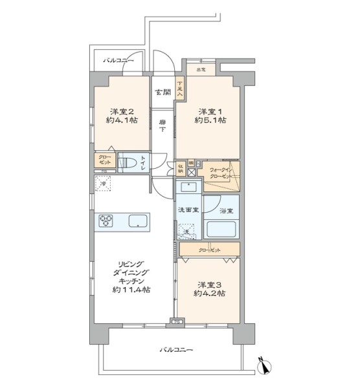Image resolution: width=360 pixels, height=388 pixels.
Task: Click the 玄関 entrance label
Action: (163, 91)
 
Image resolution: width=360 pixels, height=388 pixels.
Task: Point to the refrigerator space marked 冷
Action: (102, 184)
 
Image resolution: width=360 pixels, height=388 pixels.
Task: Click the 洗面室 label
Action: (187, 210)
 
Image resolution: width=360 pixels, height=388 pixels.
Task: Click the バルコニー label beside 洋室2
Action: (118, 60)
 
